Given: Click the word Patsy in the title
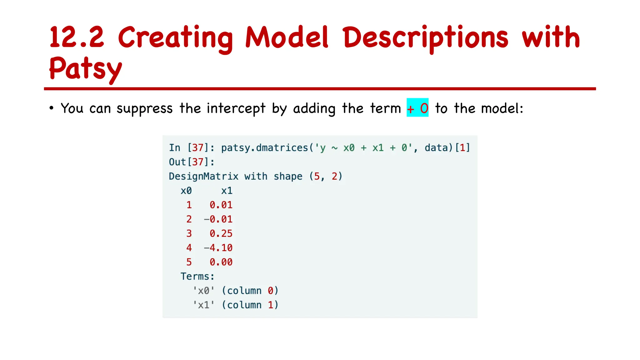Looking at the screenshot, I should pos(85,68).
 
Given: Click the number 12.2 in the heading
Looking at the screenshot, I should pos(77,37).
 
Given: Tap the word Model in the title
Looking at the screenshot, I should pos(287,37).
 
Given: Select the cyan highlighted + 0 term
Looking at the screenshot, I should pos(417,108).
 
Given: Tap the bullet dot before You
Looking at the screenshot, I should pos(52,108).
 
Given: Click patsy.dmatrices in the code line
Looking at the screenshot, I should pos(264,148).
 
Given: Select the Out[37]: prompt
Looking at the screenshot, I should pos(192,162).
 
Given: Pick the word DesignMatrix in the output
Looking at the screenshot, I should pos(203,176).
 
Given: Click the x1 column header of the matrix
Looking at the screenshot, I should pos(227,191).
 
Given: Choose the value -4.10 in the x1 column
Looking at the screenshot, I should pos(218,248).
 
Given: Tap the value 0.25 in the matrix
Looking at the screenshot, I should pos(221,233).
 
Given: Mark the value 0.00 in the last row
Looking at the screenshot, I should pos(221,262).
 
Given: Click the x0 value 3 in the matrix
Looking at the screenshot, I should pos(189,233).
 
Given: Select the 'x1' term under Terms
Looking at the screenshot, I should pos(203,305).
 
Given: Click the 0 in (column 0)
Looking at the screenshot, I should pos(270,291).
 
